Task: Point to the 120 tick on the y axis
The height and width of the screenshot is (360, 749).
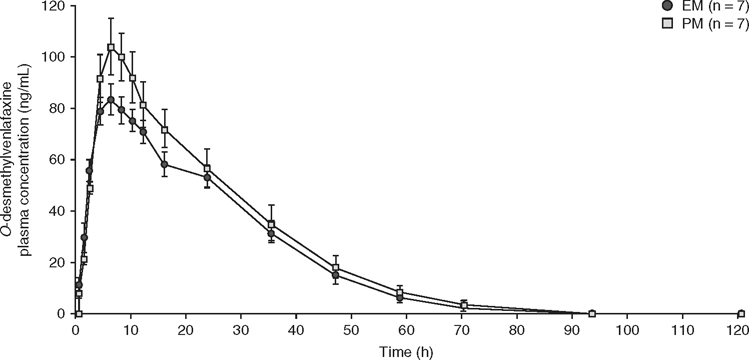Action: pyautogui.click(x=58, y=6)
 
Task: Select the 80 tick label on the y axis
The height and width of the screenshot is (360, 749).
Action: pyautogui.click(x=58, y=109)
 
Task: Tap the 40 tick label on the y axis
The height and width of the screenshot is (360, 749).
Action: pyautogui.click(x=58, y=211)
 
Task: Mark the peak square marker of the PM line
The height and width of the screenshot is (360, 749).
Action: pyautogui.click(x=111, y=47)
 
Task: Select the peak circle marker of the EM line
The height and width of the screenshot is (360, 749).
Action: pyautogui.click(x=111, y=99)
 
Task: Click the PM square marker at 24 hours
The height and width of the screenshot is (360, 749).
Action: pyautogui.click(x=207, y=168)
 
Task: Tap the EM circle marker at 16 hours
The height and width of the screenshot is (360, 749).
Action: pyautogui.click(x=165, y=164)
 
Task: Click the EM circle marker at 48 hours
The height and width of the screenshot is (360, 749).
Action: pyautogui.click(x=336, y=275)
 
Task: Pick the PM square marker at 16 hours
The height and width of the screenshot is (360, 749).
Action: pyautogui.click(x=165, y=130)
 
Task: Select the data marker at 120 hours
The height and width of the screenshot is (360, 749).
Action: pyautogui.click(x=741, y=313)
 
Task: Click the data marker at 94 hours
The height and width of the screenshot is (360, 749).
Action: pyautogui.click(x=592, y=313)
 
